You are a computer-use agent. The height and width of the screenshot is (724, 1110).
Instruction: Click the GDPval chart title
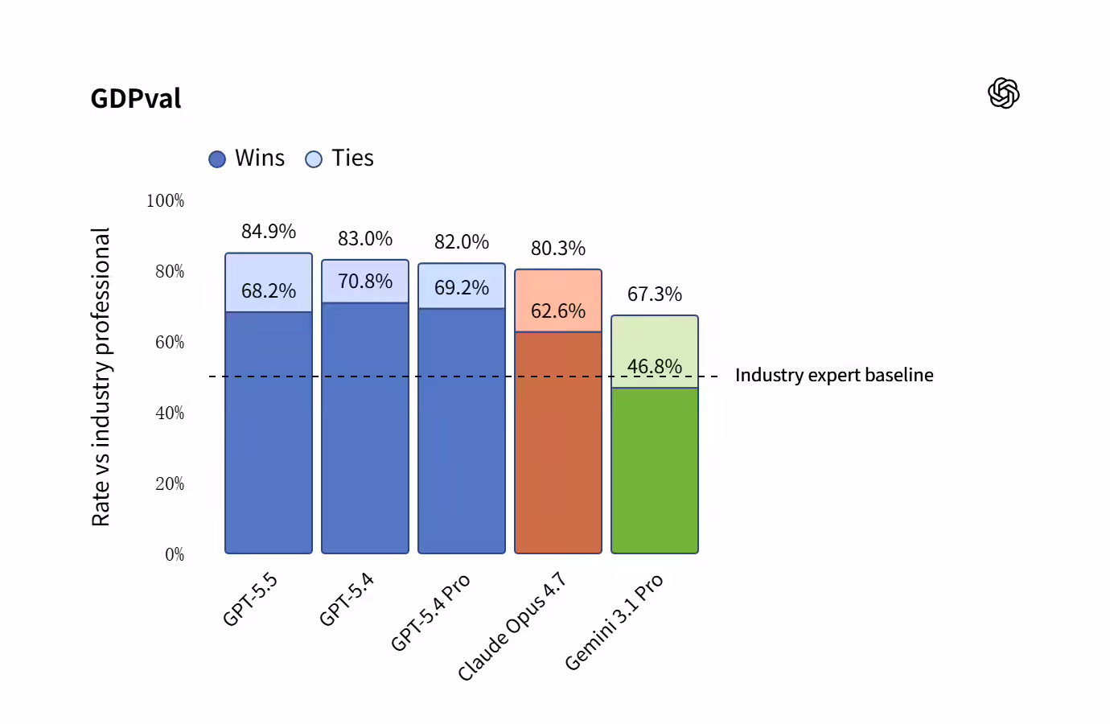point(136,99)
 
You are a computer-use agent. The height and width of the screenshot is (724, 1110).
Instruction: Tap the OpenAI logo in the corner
point(1003,93)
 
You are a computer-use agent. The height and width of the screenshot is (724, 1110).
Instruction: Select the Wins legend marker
point(217,159)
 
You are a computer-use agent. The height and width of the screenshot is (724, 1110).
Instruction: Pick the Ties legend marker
point(314,159)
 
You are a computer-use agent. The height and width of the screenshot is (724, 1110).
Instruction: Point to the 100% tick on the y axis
point(165,201)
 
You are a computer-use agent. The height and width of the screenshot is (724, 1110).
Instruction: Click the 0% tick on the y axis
point(175,554)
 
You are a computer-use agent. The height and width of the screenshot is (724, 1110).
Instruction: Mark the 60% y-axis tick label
point(170,343)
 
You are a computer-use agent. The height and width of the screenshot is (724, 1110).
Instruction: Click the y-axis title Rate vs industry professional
point(101,376)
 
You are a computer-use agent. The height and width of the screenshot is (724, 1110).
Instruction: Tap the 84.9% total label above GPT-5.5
point(269,232)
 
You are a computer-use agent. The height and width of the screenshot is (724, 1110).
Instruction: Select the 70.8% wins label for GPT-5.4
point(365,282)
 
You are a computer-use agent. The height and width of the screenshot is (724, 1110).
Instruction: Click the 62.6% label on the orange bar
point(558,311)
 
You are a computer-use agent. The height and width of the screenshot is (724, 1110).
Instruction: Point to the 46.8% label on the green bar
point(655,367)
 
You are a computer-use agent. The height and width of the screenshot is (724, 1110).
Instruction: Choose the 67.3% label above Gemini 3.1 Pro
point(655,294)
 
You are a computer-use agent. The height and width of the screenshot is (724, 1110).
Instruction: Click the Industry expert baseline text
point(834,376)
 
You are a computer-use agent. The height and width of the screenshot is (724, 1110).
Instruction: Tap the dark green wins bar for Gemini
point(655,475)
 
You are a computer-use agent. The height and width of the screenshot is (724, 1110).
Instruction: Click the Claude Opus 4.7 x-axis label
point(512,627)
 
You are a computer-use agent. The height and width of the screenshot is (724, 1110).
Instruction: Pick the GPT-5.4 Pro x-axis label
point(430,612)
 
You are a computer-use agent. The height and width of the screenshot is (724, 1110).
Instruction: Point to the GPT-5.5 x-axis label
point(250,599)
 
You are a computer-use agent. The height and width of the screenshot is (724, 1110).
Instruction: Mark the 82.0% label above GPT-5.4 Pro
point(462,242)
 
